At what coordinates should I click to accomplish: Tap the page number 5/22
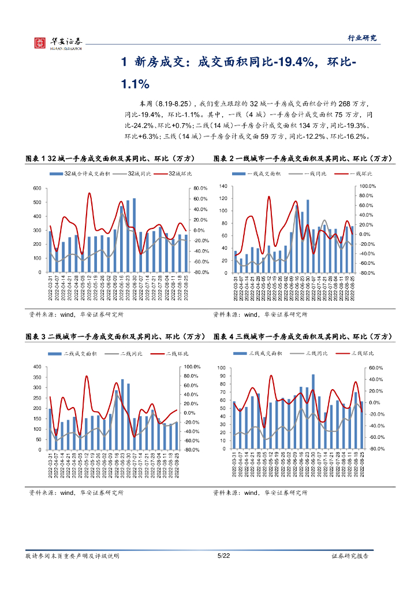[x=223, y=556]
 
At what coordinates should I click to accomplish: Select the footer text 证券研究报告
[x=350, y=556]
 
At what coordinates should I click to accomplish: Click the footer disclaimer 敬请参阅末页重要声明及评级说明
[x=72, y=556]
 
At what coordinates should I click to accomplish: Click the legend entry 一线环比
[x=361, y=173]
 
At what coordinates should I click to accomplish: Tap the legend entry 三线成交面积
[x=265, y=353]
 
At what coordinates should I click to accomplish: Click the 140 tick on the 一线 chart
[x=223, y=186]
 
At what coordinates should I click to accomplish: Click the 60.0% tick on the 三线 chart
[x=376, y=368]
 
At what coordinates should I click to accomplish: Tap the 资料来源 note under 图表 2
[x=260, y=314]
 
